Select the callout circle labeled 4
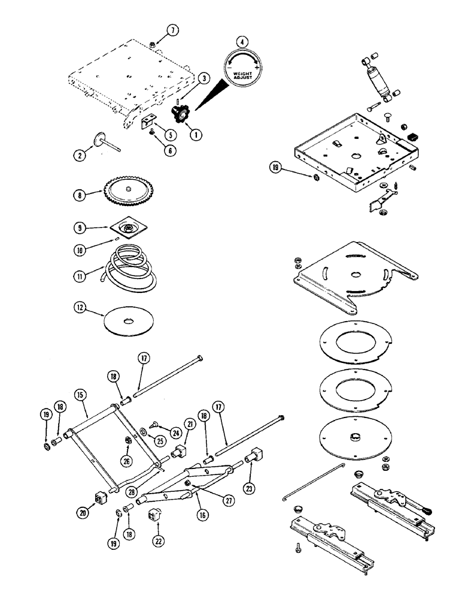241,42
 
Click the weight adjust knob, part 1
178,111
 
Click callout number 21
190,441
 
